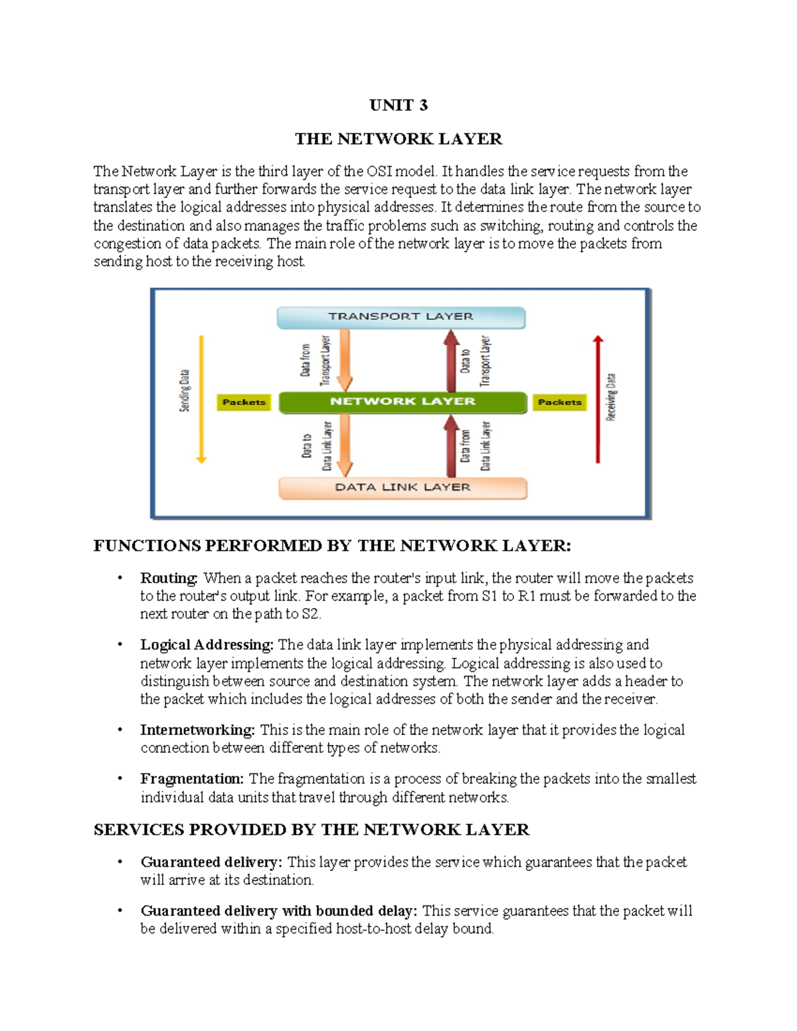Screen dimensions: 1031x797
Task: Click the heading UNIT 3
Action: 398,106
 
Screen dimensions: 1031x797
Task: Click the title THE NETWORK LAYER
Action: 398,139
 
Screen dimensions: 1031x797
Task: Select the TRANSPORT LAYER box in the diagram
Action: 400,317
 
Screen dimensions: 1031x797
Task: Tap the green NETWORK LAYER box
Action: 402,402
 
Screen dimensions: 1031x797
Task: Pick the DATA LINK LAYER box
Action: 402,487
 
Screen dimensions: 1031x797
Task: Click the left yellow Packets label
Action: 244,402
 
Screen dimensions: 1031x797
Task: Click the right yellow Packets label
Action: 559,402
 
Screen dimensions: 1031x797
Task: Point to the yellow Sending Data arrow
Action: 201,398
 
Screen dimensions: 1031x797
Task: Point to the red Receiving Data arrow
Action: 598,398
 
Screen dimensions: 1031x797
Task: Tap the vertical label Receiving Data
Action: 611,397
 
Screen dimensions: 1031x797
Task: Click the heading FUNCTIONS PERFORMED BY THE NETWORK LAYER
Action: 332,546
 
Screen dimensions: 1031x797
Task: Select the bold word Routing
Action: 169,578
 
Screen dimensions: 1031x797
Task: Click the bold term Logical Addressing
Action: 207,645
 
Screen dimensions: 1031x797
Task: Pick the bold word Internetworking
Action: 197,730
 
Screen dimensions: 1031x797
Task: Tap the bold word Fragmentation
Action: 192,779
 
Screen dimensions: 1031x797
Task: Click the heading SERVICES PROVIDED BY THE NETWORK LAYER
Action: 311,830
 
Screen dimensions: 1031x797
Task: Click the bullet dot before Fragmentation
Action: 120,778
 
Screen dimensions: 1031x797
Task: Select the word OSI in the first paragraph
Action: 379,171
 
